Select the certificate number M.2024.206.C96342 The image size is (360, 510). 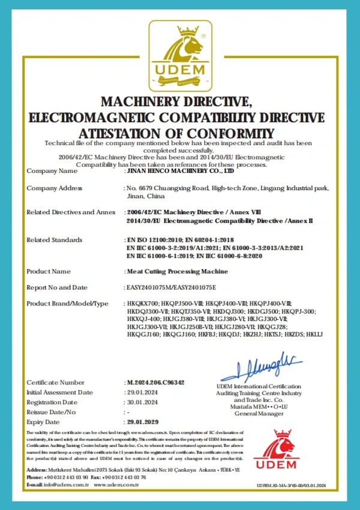155,382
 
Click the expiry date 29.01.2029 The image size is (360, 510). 143,422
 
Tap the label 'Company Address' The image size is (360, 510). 55,188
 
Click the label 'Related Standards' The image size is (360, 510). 55,240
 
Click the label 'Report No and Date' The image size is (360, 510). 57,287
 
